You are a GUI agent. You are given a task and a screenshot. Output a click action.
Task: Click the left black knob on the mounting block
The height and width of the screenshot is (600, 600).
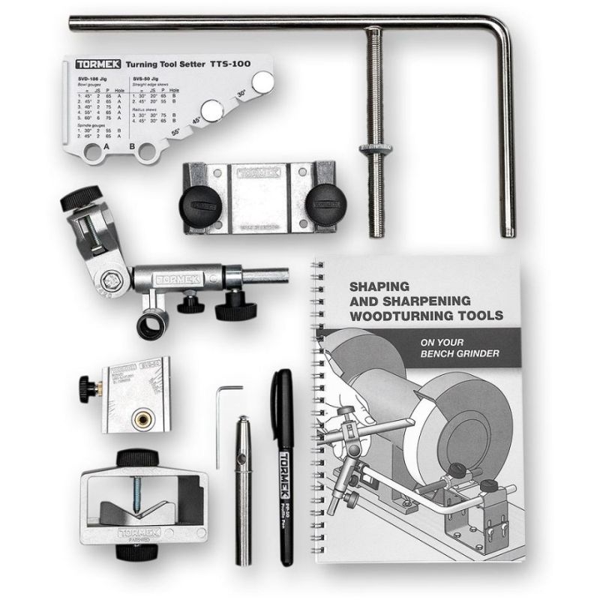tap(196, 202)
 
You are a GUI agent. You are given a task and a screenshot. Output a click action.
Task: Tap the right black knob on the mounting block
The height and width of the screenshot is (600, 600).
tap(323, 201)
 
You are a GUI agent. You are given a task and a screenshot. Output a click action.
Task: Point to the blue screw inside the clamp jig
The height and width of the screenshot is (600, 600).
tap(137, 488)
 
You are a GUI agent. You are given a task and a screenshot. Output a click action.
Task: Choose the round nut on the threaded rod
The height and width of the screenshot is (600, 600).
tap(373, 148)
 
